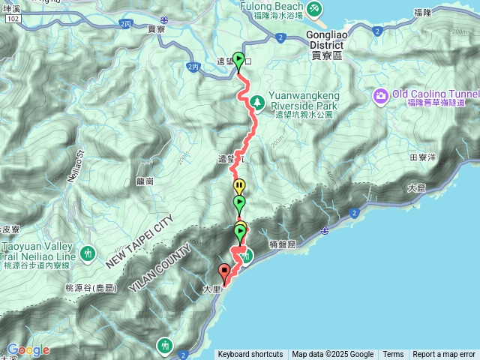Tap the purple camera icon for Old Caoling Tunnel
380,95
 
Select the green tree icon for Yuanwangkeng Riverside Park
256,100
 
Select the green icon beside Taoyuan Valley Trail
88,253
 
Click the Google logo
28,350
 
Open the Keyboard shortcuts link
250,355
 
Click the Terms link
393,355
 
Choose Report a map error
445,355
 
